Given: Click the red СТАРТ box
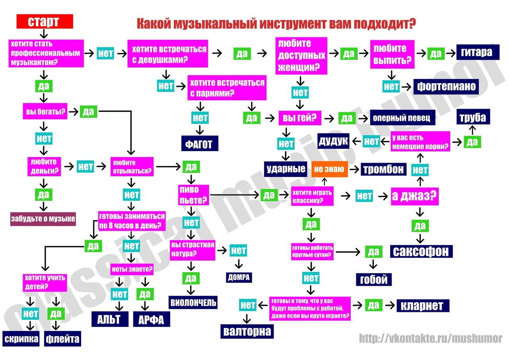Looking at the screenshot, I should pos(45,21).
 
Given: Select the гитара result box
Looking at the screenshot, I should pos(477,52).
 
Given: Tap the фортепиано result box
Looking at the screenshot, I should pos(446,86).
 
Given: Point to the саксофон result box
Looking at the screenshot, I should pos(421,251).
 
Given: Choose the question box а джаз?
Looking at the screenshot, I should pos(414,196).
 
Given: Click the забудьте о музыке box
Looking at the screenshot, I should pos(43,219).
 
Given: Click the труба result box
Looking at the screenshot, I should pos(472,118).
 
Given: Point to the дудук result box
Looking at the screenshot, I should pos(333,141).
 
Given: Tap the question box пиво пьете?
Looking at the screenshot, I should pos(194,195).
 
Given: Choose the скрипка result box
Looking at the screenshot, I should pos(21,339).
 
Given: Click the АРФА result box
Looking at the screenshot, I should pos(152,319).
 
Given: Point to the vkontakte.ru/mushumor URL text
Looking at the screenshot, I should pos(431,339).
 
